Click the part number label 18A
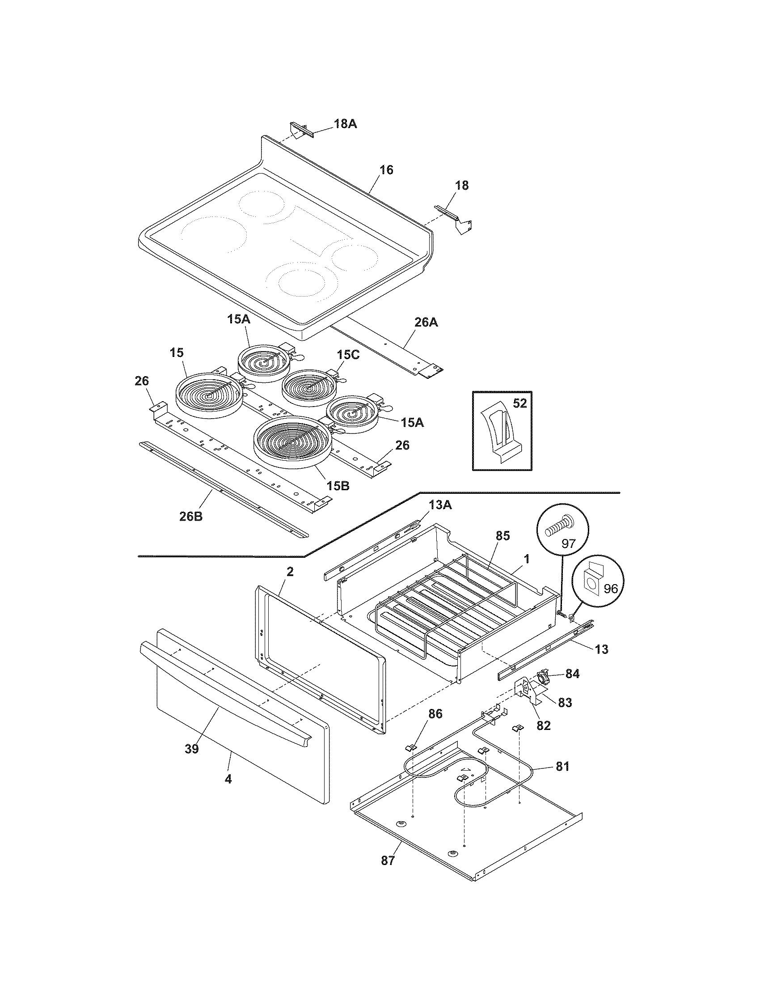coord(345,124)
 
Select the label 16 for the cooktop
coord(386,170)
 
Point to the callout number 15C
coord(348,355)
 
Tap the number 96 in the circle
coord(610,590)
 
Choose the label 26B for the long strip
coord(191,516)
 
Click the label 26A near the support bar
coord(426,322)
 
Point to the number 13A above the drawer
coord(440,506)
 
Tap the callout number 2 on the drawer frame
coord(290,572)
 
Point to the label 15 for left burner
coord(177,353)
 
